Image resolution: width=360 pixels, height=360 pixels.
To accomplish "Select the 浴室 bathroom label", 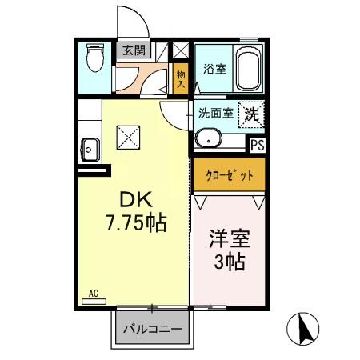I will tap(214, 69).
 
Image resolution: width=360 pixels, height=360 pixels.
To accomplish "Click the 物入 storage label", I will tap(182, 78).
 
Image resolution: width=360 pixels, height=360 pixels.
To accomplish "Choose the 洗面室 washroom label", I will tap(216, 113).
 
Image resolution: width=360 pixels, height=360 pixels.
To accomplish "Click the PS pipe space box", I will tap(257, 145).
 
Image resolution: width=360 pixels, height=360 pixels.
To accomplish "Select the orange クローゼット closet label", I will tap(227, 174).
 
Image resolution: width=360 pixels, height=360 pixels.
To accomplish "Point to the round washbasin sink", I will tap(210, 138).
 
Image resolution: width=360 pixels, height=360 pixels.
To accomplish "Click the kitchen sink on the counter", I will tap(90, 149).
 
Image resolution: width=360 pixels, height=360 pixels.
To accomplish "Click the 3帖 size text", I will tap(227, 260).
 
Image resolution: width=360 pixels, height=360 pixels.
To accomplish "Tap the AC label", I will tap(93, 293).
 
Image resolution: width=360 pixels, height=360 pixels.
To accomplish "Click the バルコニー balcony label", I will tap(152, 329).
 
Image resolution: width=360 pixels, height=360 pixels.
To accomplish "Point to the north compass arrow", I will tap(303, 327).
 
